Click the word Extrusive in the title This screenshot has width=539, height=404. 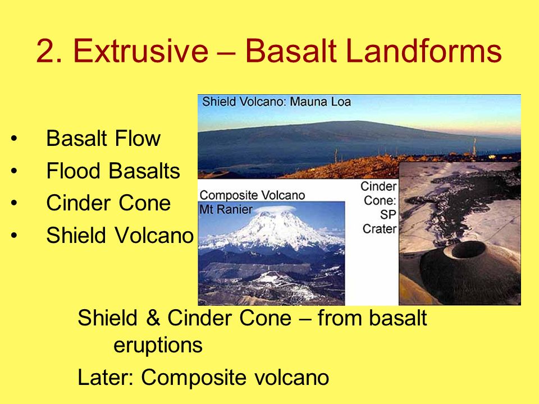pyautogui.click(x=140, y=51)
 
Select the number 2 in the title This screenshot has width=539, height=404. pyautogui.click(x=47, y=51)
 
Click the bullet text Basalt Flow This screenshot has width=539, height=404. pyautogui.click(x=103, y=139)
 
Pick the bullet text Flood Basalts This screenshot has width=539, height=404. pyautogui.click(x=113, y=171)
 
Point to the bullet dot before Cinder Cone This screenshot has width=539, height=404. pyautogui.click(x=13, y=203)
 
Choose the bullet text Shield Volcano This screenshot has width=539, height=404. pyautogui.click(x=120, y=235)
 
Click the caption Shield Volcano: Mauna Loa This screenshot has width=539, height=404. pyautogui.click(x=276, y=102)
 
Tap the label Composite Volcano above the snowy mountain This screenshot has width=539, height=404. pyautogui.click(x=252, y=195)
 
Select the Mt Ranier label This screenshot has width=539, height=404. pyautogui.click(x=226, y=209)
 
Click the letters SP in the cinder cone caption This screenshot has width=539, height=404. pyautogui.click(x=388, y=214)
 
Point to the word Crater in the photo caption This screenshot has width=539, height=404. pyautogui.click(x=380, y=229)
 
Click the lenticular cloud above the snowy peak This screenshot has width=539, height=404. pyautogui.click(x=275, y=209)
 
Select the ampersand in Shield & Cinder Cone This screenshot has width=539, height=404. pyautogui.click(x=153, y=318)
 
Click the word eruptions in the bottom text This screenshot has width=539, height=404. pyautogui.click(x=158, y=345)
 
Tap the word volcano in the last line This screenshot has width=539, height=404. pyautogui.click(x=291, y=377)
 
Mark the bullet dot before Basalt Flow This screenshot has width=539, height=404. pyautogui.click(x=13, y=139)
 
